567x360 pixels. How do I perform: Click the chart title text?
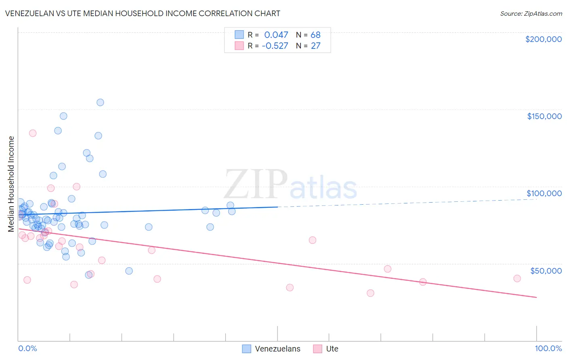(x=142, y=13)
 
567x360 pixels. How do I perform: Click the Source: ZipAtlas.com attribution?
(x=531, y=14)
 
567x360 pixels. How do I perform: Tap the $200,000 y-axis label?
(x=543, y=39)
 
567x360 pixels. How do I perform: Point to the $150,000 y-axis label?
(x=544, y=116)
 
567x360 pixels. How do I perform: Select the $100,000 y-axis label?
(x=544, y=193)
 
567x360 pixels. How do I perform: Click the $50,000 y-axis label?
(x=546, y=270)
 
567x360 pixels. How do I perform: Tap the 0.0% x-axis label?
(x=27, y=348)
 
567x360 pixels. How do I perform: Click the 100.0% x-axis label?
(x=548, y=348)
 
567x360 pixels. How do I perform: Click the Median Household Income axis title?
(x=11, y=184)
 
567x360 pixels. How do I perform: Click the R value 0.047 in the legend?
(x=276, y=35)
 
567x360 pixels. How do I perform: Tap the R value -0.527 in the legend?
(x=275, y=46)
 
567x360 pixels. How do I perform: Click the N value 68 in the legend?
(x=315, y=35)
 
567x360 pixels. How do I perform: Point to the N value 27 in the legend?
(x=315, y=46)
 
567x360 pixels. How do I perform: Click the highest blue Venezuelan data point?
(x=100, y=103)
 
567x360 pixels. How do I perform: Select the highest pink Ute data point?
(x=33, y=133)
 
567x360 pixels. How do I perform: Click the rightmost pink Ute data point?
(x=517, y=278)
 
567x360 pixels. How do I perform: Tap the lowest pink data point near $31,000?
(x=370, y=293)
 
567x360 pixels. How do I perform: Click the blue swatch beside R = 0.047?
(x=239, y=35)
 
